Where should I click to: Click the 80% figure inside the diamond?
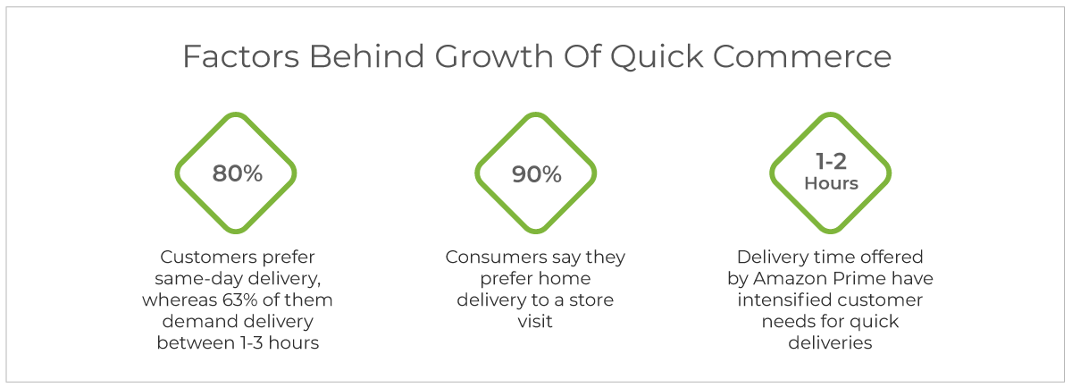point(238,173)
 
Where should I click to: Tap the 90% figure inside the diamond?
point(537,174)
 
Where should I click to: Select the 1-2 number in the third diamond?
point(832,162)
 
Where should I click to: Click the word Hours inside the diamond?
point(832,183)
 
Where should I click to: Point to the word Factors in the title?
point(240,56)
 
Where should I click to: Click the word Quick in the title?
point(656,57)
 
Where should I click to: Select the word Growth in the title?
point(494,56)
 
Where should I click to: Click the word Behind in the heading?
point(366,56)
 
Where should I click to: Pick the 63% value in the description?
point(239,299)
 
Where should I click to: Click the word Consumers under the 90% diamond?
point(496,257)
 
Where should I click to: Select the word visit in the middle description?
point(535,322)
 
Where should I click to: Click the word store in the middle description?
point(591,300)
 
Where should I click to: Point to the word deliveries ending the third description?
point(830,343)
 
